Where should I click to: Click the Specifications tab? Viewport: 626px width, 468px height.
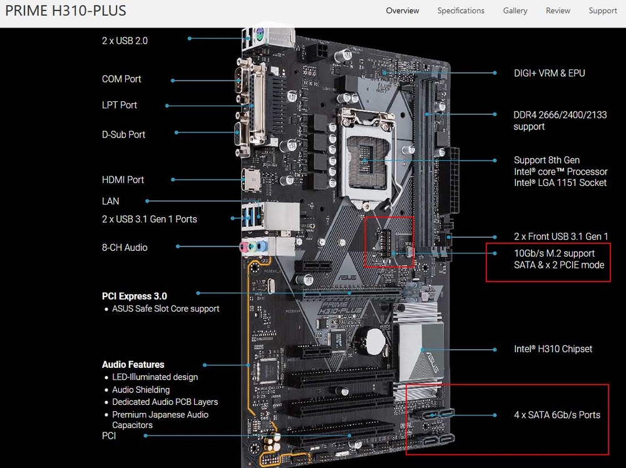point(461,11)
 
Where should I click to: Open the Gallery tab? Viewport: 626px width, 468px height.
point(515,11)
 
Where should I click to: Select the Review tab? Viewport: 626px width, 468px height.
point(558,11)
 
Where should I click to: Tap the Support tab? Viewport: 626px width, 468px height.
point(602,11)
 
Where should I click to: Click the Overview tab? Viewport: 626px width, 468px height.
point(403,11)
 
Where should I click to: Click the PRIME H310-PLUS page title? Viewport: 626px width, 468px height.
point(66,11)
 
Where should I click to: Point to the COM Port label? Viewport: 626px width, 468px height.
point(121,79)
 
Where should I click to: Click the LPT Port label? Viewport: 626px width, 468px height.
point(120,105)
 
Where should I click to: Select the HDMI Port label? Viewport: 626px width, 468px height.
point(123,180)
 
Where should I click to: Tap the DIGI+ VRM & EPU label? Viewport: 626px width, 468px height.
point(550,73)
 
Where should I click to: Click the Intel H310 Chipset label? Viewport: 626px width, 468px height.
point(553,349)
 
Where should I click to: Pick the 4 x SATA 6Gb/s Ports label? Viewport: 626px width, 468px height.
point(557,415)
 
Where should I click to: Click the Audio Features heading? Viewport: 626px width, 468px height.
point(133,365)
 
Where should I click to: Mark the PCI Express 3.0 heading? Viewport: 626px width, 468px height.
point(134,297)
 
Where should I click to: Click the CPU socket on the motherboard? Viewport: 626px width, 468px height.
point(366,159)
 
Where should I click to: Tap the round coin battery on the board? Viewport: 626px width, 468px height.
point(375,341)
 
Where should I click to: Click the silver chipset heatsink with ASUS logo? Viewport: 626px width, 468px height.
point(418,352)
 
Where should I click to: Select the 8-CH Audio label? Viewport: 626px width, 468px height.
point(125,248)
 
